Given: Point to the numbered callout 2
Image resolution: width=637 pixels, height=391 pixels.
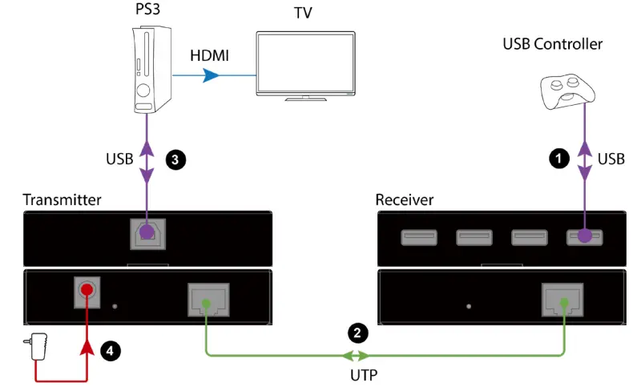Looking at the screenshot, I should coord(357,330).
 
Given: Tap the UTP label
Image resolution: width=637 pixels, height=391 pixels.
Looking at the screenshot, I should coord(357,375).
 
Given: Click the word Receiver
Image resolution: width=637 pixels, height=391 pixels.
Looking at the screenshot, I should coord(405,199).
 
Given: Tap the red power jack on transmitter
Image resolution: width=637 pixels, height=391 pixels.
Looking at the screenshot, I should coord(85,289).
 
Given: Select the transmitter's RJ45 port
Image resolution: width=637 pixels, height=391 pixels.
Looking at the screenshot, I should coord(207,301).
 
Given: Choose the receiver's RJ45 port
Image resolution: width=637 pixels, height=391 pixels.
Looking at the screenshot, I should coord(564,301).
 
